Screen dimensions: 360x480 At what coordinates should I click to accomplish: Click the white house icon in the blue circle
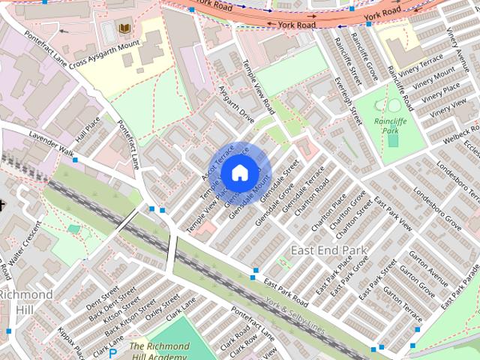(x=239, y=172)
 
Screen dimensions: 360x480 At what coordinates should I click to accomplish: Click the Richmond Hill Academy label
(x=160, y=350)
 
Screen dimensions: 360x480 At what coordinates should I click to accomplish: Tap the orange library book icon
(x=124, y=29)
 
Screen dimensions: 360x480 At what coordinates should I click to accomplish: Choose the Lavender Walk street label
(x=52, y=145)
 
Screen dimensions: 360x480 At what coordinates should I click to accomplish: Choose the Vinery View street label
(x=450, y=109)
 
